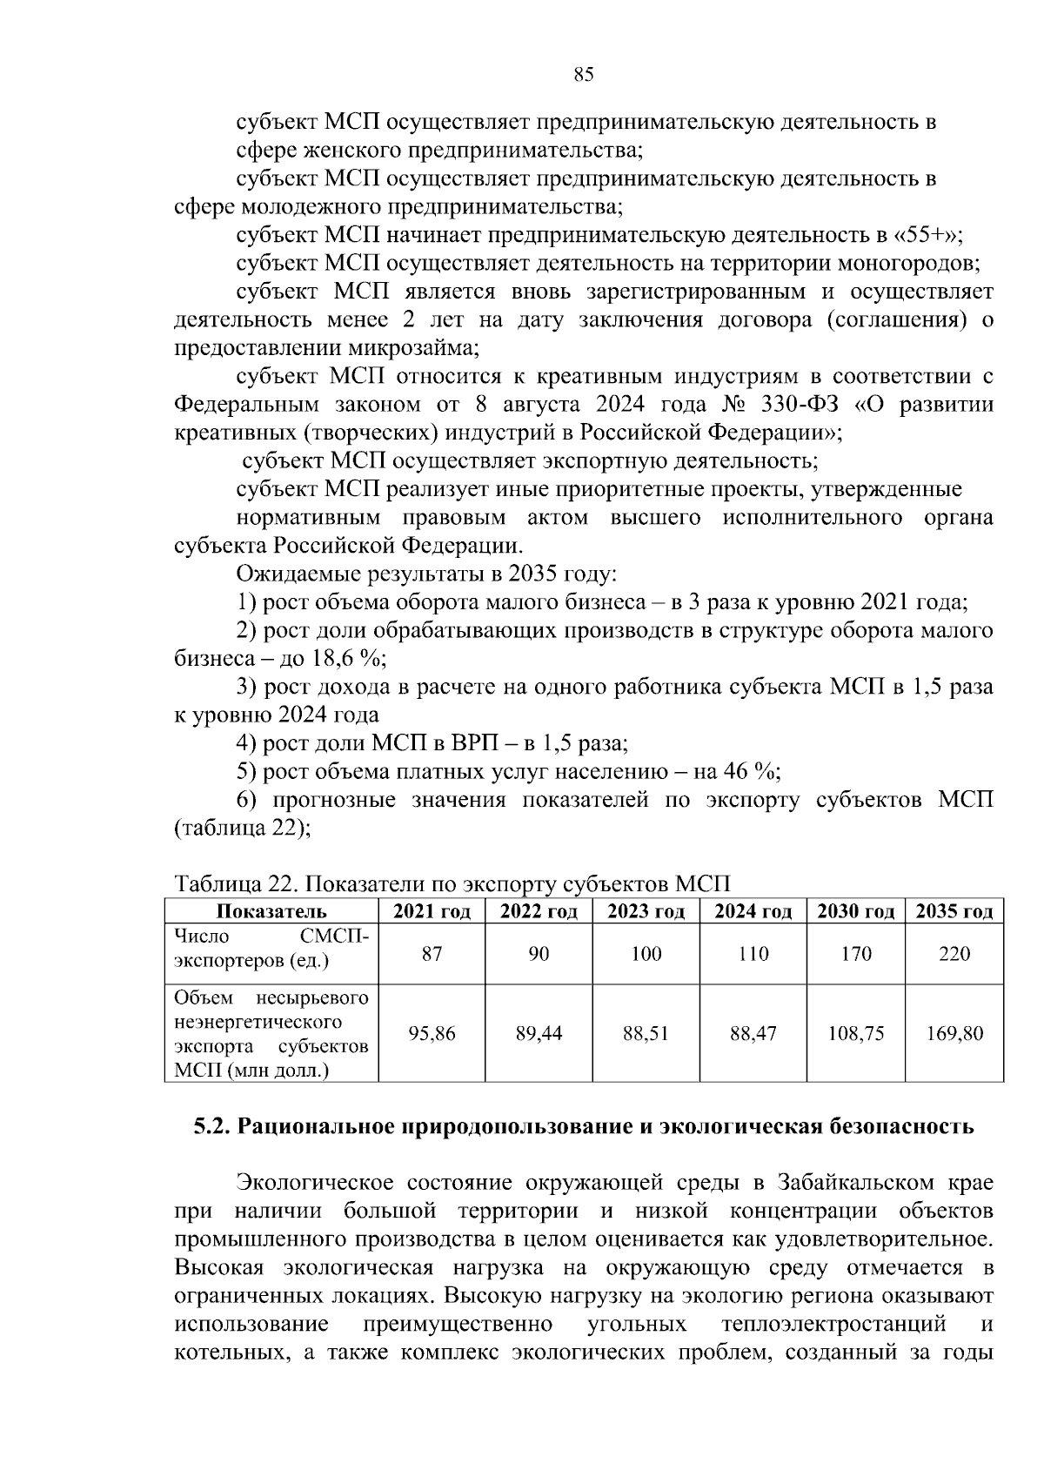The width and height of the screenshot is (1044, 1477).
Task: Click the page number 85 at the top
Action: [584, 75]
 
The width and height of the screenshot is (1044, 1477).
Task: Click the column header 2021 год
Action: [432, 911]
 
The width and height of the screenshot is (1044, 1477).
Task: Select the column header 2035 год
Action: [954, 911]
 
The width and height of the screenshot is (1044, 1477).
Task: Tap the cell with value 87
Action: [432, 954]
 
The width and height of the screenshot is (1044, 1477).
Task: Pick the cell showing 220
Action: [954, 954]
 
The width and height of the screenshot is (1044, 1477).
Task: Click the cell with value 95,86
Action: [432, 1033]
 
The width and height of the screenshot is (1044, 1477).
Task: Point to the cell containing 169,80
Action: [954, 1033]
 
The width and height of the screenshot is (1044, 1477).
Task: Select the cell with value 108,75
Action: [856, 1033]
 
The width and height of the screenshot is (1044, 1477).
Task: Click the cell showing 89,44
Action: [539, 1033]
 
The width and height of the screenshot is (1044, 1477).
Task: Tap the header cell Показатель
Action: [271, 911]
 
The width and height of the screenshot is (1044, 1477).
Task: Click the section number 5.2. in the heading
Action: [211, 1127]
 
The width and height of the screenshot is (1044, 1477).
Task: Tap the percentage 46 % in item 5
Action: [750, 772]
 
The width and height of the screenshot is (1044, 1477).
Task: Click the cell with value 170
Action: [856, 954]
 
